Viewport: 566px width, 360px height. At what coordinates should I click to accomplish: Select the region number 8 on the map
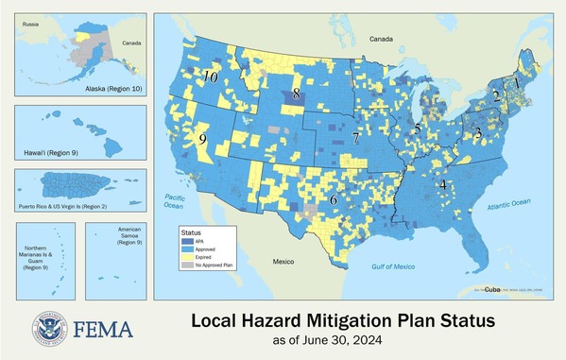[x=297, y=93]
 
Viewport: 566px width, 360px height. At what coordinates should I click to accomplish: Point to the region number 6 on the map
[x=334, y=199]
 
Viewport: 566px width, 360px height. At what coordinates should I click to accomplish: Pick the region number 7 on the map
[x=355, y=138]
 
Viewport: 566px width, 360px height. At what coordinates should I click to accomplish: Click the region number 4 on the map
[x=442, y=184]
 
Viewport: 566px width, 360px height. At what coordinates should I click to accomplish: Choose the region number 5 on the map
[x=418, y=128]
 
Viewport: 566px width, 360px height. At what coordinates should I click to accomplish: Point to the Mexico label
[x=284, y=259]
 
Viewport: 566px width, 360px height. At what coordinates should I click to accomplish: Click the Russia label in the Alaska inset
[x=31, y=21]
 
